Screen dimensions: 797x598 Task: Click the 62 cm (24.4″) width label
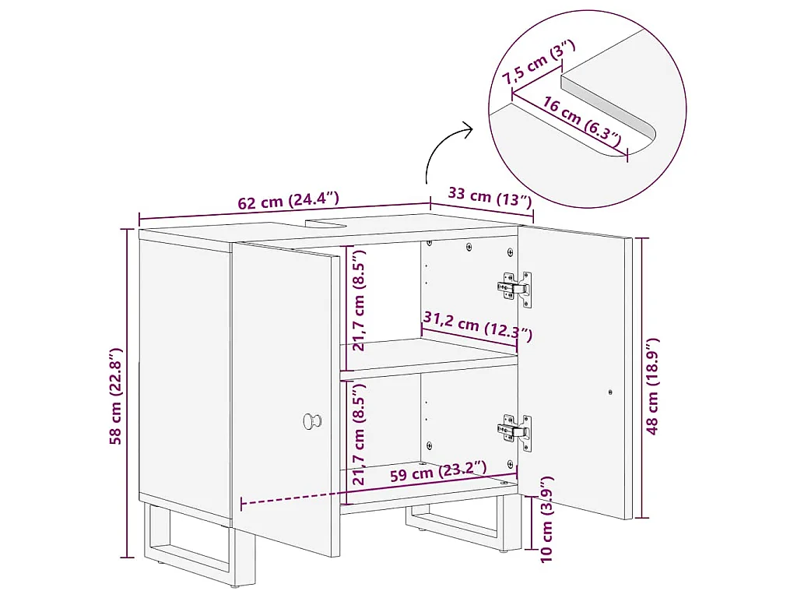pos(288,200)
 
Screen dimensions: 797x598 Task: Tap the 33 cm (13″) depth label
pos(490,197)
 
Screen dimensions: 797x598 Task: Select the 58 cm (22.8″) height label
pos(117,396)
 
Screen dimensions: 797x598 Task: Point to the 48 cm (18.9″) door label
pos(653,386)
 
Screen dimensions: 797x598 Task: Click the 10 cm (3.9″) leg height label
pos(546,519)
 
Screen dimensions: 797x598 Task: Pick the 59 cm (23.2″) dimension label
pos(438,472)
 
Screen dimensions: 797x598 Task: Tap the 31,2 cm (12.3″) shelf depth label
pos(478,326)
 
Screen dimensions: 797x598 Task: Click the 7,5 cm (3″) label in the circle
pos(539,62)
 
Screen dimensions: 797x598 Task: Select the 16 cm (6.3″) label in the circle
pos(581,121)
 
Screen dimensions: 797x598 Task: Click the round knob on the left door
pos(311,421)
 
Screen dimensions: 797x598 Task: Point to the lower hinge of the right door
pos(514,432)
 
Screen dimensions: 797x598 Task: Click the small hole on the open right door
pos(610,392)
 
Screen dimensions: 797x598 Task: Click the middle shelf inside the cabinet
pos(430,358)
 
